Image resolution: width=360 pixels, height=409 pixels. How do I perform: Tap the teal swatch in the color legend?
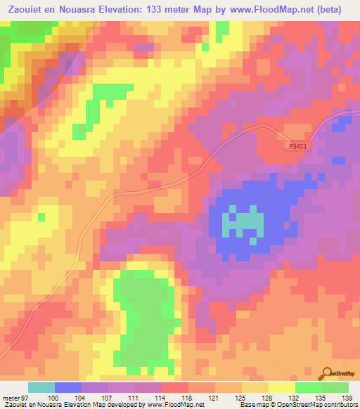click(x=41, y=387)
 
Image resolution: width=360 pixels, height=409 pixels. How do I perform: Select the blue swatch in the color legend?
click(x=68, y=387)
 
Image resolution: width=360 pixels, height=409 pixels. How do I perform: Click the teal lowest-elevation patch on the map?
click(x=243, y=224)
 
